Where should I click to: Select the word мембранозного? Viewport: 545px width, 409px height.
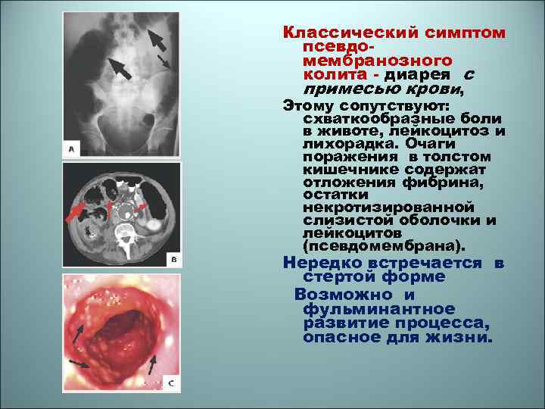click(x=378, y=61)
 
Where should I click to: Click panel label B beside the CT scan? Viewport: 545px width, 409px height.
click(x=173, y=259)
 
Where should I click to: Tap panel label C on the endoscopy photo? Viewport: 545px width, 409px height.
click(x=171, y=383)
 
